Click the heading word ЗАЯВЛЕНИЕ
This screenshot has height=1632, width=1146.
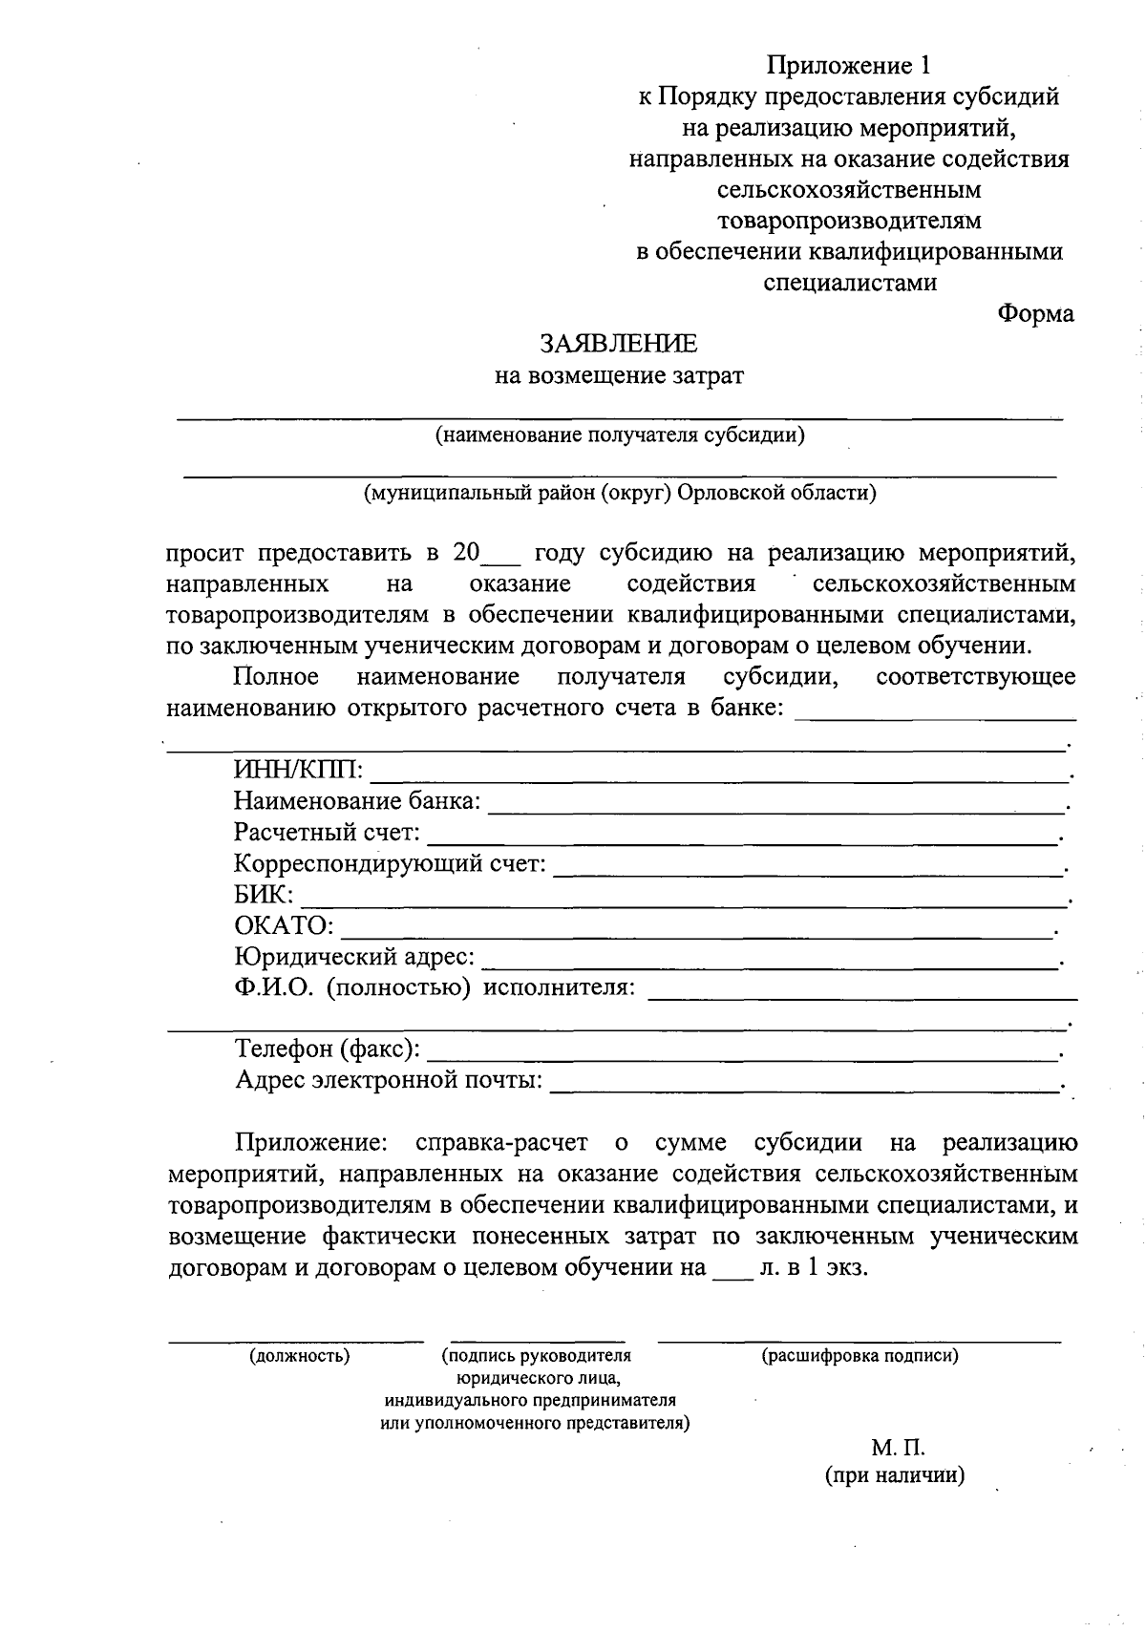(618, 343)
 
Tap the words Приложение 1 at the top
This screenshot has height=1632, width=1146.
(848, 65)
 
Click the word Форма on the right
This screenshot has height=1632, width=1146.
(1035, 313)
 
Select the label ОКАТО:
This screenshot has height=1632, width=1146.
(284, 925)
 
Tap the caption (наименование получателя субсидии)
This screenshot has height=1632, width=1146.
(620, 436)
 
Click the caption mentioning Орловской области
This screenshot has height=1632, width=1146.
(620, 493)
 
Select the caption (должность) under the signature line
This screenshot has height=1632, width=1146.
(299, 1355)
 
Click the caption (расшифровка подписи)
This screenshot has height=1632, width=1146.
(859, 1355)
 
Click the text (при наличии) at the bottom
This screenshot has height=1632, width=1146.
(895, 1475)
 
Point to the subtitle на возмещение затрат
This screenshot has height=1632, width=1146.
(618, 375)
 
